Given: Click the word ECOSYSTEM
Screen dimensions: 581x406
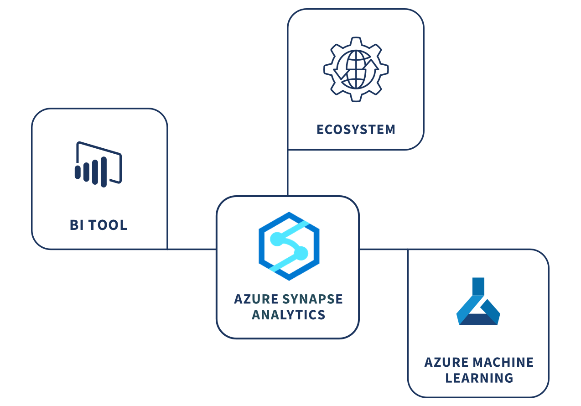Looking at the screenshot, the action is (356, 130).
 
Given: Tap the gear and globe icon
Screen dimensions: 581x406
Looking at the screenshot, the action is (356, 69).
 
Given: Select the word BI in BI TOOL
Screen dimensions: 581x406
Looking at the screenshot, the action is (77, 225).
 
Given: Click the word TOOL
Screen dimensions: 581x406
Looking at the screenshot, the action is (108, 225).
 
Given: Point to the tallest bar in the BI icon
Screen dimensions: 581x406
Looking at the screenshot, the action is (104, 172).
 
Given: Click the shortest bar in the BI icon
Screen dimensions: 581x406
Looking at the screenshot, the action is (78, 172).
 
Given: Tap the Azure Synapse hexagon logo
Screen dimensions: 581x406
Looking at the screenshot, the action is (289, 246).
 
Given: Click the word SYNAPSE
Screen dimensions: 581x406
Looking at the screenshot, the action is (312, 299).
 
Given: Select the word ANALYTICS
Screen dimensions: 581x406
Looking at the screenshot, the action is (288, 315).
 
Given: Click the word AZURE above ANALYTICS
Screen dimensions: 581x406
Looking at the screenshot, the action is (256, 299).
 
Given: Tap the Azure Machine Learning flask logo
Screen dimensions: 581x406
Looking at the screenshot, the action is (478, 301).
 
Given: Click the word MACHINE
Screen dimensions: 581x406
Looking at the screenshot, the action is (503, 362).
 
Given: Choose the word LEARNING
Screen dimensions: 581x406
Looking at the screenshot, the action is (479, 378).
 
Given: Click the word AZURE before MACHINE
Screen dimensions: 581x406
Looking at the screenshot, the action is (446, 362).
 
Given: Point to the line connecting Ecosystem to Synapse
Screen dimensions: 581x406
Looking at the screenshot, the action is (288, 173).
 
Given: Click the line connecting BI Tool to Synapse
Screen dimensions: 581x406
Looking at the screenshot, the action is (192, 250).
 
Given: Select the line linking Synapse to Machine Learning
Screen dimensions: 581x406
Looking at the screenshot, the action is (384, 250).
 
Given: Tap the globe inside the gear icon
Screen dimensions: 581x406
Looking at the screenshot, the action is (356, 69).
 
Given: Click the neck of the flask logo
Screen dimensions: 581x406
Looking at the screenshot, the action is (478, 286).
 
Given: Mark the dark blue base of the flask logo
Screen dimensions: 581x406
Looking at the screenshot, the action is (478, 319).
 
